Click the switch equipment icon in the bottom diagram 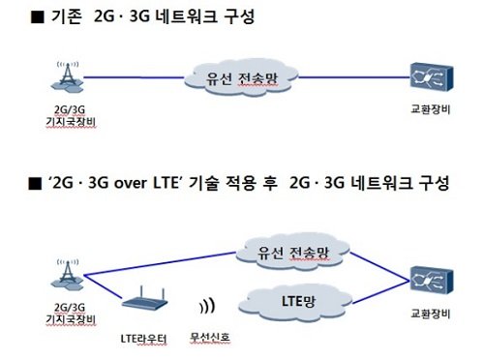click(x=427, y=279)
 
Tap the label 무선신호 click(x=208, y=338)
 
